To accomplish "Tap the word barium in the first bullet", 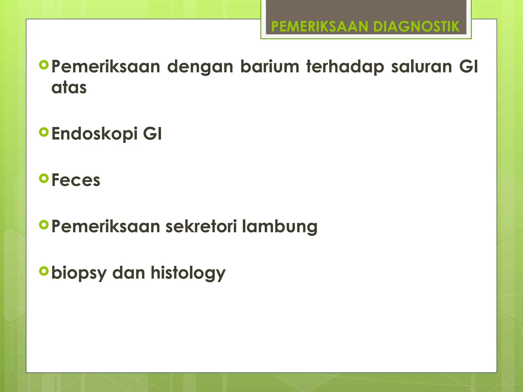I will [270, 67].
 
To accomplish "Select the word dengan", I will [200, 67].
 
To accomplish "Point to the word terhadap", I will [345, 67].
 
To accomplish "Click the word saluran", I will [422, 67].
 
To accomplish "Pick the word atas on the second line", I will [69, 88].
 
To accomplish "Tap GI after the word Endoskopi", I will [152, 133].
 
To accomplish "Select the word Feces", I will [76, 180].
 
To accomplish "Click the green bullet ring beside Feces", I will [44, 178].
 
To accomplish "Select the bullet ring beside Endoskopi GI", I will [44, 132].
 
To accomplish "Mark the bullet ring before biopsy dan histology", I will [44, 271].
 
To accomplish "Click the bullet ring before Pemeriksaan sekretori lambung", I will [44, 225].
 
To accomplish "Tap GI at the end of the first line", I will [468, 67].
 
